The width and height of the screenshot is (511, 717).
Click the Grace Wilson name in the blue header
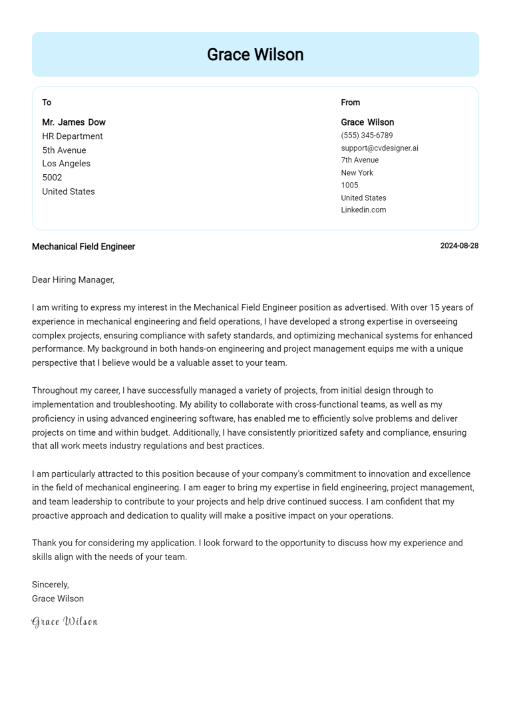tap(255, 55)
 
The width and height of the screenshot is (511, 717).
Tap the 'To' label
tap(47, 102)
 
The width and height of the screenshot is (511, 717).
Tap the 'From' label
tap(350, 102)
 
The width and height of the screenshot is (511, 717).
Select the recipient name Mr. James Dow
tap(74, 122)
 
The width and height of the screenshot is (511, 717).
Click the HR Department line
tap(73, 136)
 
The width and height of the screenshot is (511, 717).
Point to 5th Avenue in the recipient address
tap(64, 150)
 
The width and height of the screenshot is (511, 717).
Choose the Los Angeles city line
tap(66, 164)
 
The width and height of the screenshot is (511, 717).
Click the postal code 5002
tap(52, 178)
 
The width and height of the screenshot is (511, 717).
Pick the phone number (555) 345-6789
tap(367, 135)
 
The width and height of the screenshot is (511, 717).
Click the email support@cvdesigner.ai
tap(379, 148)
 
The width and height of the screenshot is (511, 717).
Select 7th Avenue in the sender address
tap(359, 160)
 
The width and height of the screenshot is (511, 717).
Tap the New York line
tap(357, 173)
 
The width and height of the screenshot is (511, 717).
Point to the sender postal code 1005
tap(349, 185)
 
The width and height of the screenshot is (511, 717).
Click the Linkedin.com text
tap(363, 210)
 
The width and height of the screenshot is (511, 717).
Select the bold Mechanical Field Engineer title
tap(83, 247)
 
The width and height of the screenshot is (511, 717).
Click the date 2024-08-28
tap(459, 246)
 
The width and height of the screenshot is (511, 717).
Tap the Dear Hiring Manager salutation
tap(73, 280)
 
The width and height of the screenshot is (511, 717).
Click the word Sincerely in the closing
tap(50, 585)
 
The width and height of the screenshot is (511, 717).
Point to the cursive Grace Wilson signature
tap(65, 622)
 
